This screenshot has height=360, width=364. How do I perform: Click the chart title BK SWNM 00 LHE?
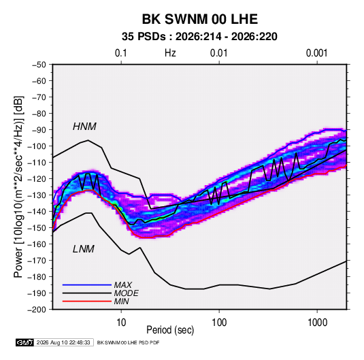click(199, 19)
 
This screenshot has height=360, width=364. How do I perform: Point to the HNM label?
click(84, 127)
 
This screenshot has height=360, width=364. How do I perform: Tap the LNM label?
click(84, 249)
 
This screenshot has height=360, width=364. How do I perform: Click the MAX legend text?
click(122, 285)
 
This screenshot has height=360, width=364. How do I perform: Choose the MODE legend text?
click(126, 293)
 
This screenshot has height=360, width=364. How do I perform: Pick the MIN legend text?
click(121, 301)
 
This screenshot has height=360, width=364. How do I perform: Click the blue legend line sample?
click(87, 284)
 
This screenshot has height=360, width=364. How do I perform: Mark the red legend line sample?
click(87, 301)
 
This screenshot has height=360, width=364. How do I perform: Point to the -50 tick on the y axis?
click(39, 65)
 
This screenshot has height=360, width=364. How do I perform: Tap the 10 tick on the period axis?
click(121, 323)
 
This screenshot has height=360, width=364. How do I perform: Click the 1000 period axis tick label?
click(317, 323)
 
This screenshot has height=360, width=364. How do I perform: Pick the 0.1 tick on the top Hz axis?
click(121, 53)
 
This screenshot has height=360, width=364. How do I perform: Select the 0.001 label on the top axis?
click(316, 53)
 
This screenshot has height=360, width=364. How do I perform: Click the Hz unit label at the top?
click(170, 53)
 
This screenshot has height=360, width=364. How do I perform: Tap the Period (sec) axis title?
click(170, 330)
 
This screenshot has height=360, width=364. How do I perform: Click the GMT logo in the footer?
click(24, 342)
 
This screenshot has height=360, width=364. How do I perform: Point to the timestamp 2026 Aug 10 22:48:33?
click(63, 342)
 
